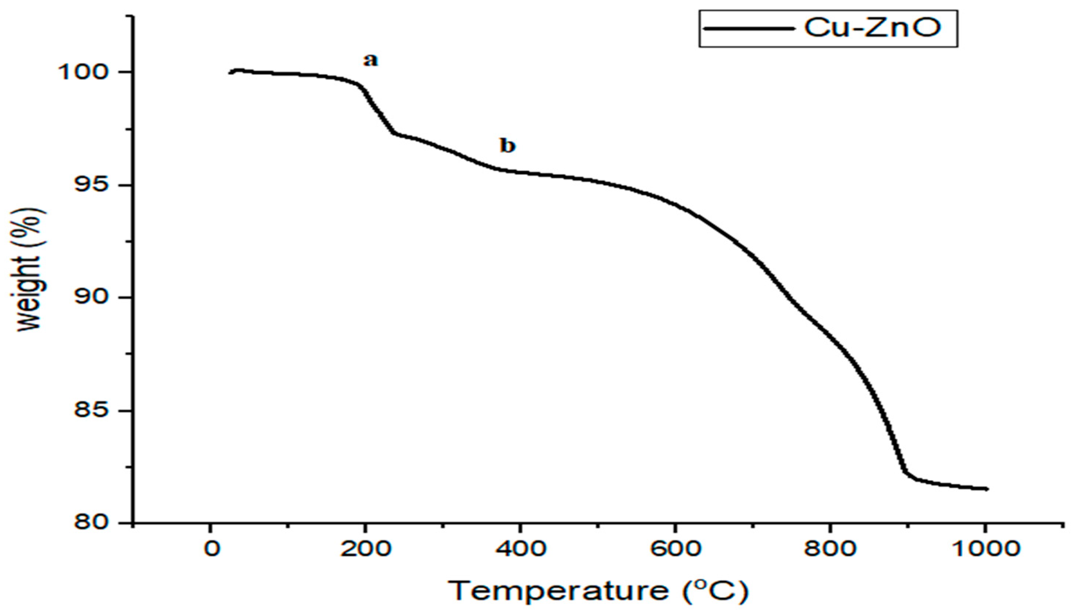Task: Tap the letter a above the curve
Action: click(x=371, y=61)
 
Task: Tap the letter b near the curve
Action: click(x=508, y=146)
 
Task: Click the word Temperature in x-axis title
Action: click(x=559, y=590)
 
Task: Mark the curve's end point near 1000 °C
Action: click(x=987, y=501)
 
